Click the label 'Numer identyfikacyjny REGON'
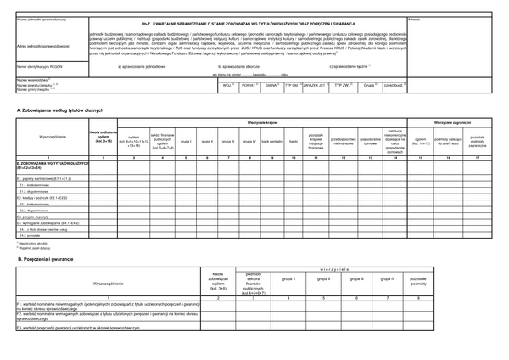(37, 65)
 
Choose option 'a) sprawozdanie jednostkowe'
(145, 65)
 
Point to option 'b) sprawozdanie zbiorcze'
(243, 65)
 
